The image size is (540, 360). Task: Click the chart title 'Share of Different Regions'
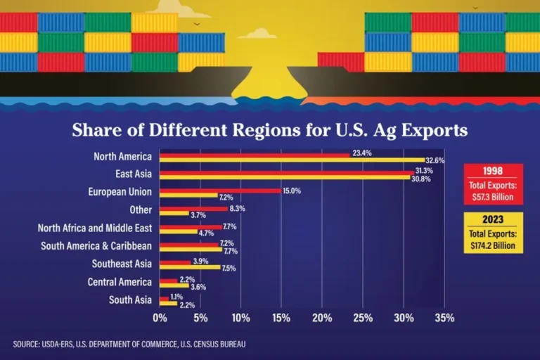pos(270,131)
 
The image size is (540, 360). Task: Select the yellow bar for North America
pos(292,160)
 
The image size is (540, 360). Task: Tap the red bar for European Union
pos(220,191)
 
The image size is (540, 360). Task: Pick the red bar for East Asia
pos(287,172)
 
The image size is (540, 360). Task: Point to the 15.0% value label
pos(291,191)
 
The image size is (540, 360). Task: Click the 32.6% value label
pos(435,161)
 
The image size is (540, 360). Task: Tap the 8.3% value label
pos(237,209)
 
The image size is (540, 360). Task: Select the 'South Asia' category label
pos(130,300)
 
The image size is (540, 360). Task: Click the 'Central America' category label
pos(120,282)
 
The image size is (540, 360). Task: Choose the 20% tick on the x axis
pos(322,318)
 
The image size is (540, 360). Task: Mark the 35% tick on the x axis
pos(444,318)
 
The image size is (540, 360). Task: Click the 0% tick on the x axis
pos(160,318)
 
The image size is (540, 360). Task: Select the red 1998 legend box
pos(493,182)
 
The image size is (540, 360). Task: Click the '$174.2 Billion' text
pos(493,246)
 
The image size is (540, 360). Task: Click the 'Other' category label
pos(141,210)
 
